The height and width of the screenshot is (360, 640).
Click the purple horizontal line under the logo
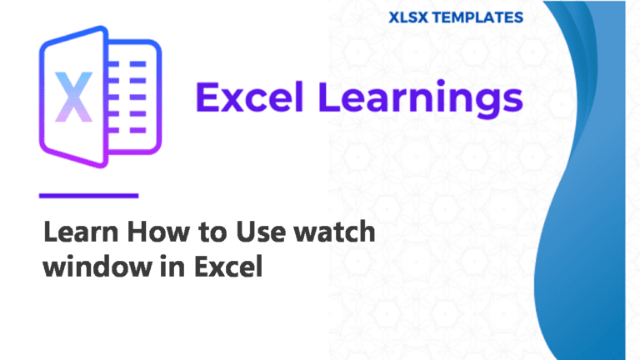point(88,196)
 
